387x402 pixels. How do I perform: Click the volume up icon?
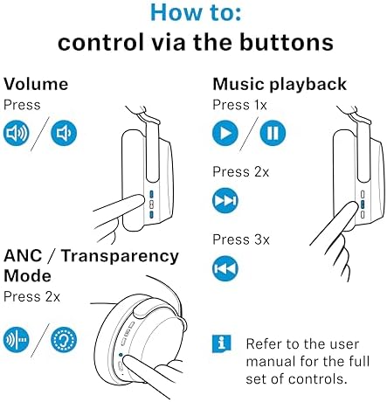tap(17, 133)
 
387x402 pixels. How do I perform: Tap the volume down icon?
tap(64, 133)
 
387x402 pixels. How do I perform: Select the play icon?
tap(225, 133)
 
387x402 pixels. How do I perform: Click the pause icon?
tap(273, 133)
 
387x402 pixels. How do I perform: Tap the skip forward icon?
tap(225, 201)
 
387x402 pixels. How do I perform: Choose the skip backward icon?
tap(225, 268)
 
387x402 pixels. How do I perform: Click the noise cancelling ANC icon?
tap(17, 340)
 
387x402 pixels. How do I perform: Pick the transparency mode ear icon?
tap(64, 340)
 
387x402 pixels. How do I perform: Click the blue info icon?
tap(222, 343)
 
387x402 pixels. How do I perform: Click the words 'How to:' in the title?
tap(196, 13)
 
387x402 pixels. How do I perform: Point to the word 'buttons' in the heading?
tap(287, 42)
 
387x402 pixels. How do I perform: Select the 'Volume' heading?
tap(36, 84)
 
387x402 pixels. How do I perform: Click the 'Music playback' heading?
tap(280, 85)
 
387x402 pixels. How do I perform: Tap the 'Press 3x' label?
tap(241, 239)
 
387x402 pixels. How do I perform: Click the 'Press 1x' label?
tap(239, 105)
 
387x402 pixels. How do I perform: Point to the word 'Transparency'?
tap(120, 257)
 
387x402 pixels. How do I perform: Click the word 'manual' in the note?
tap(270, 362)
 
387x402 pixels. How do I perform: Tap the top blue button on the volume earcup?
tap(151, 194)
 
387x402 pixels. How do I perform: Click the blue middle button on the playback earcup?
tap(363, 204)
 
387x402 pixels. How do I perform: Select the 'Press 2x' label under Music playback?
tap(241, 172)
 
